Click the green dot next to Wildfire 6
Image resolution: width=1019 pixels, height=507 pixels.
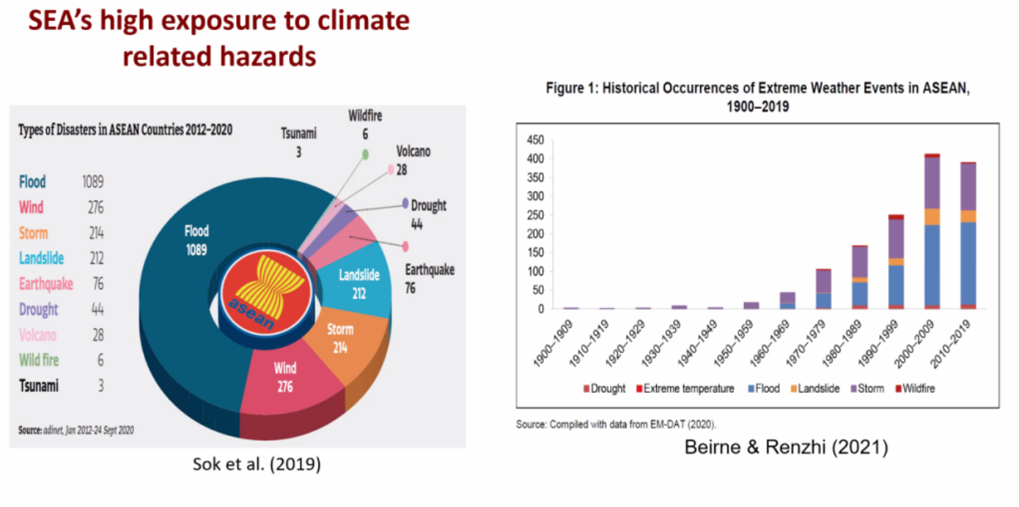[364, 154]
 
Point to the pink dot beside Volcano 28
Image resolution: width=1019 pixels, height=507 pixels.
[391, 170]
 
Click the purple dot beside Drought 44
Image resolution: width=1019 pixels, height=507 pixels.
[405, 204]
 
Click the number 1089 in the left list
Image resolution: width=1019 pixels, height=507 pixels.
[93, 182]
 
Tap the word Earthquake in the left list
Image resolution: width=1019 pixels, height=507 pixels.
[46, 284]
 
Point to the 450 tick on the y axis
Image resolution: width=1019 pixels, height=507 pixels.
[535, 140]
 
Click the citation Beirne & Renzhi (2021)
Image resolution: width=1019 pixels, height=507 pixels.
[786, 447]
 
